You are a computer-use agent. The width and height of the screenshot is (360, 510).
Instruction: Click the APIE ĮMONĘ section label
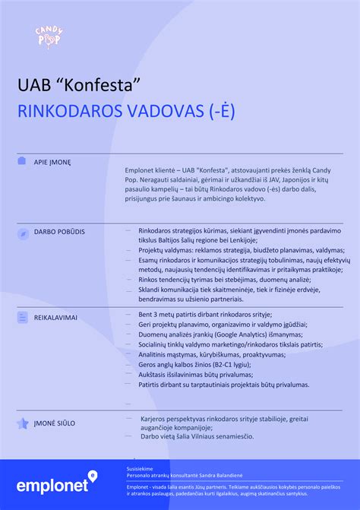pyautogui.click(x=52, y=162)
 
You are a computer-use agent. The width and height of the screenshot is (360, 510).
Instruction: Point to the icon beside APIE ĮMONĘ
pyautogui.click(x=22, y=161)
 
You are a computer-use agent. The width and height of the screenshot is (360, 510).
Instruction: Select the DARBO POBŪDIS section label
pyautogui.click(x=59, y=230)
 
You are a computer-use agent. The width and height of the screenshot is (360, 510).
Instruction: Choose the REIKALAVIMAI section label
pyautogui.click(x=55, y=316)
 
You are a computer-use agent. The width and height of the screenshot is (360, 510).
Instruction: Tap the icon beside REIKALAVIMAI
pyautogui.click(x=22, y=316)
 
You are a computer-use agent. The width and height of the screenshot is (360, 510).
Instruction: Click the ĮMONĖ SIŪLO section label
pyautogui.click(x=55, y=423)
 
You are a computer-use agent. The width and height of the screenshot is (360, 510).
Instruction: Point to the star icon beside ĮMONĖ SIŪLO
pyautogui.click(x=22, y=423)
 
